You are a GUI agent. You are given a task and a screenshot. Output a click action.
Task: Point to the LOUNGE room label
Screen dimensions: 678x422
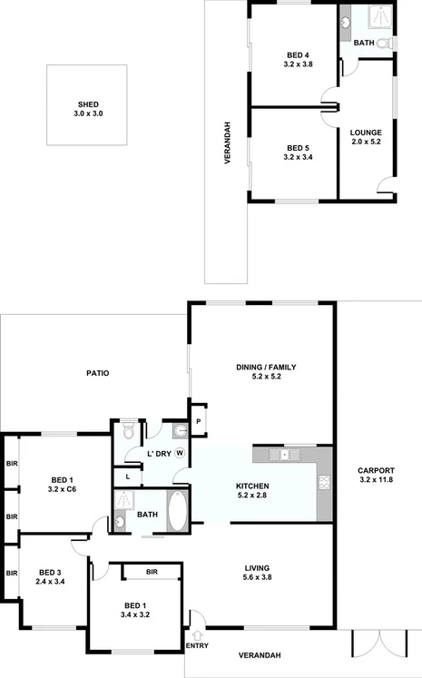(366, 133)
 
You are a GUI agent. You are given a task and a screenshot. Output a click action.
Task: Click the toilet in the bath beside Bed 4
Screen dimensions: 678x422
(383, 44)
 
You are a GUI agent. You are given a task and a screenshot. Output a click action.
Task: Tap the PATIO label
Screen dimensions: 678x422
(98, 373)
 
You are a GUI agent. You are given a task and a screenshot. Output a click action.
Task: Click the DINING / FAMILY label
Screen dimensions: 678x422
(266, 368)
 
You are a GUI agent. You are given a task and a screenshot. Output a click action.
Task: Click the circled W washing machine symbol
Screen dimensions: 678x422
(180, 452)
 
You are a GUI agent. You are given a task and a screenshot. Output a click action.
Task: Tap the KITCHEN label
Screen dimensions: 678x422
(252, 486)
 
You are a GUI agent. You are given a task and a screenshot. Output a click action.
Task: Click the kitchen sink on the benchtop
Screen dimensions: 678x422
(285, 453)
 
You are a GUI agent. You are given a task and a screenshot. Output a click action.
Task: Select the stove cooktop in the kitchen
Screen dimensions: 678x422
(324, 485)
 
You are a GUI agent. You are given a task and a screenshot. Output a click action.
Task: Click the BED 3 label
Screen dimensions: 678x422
(51, 572)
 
